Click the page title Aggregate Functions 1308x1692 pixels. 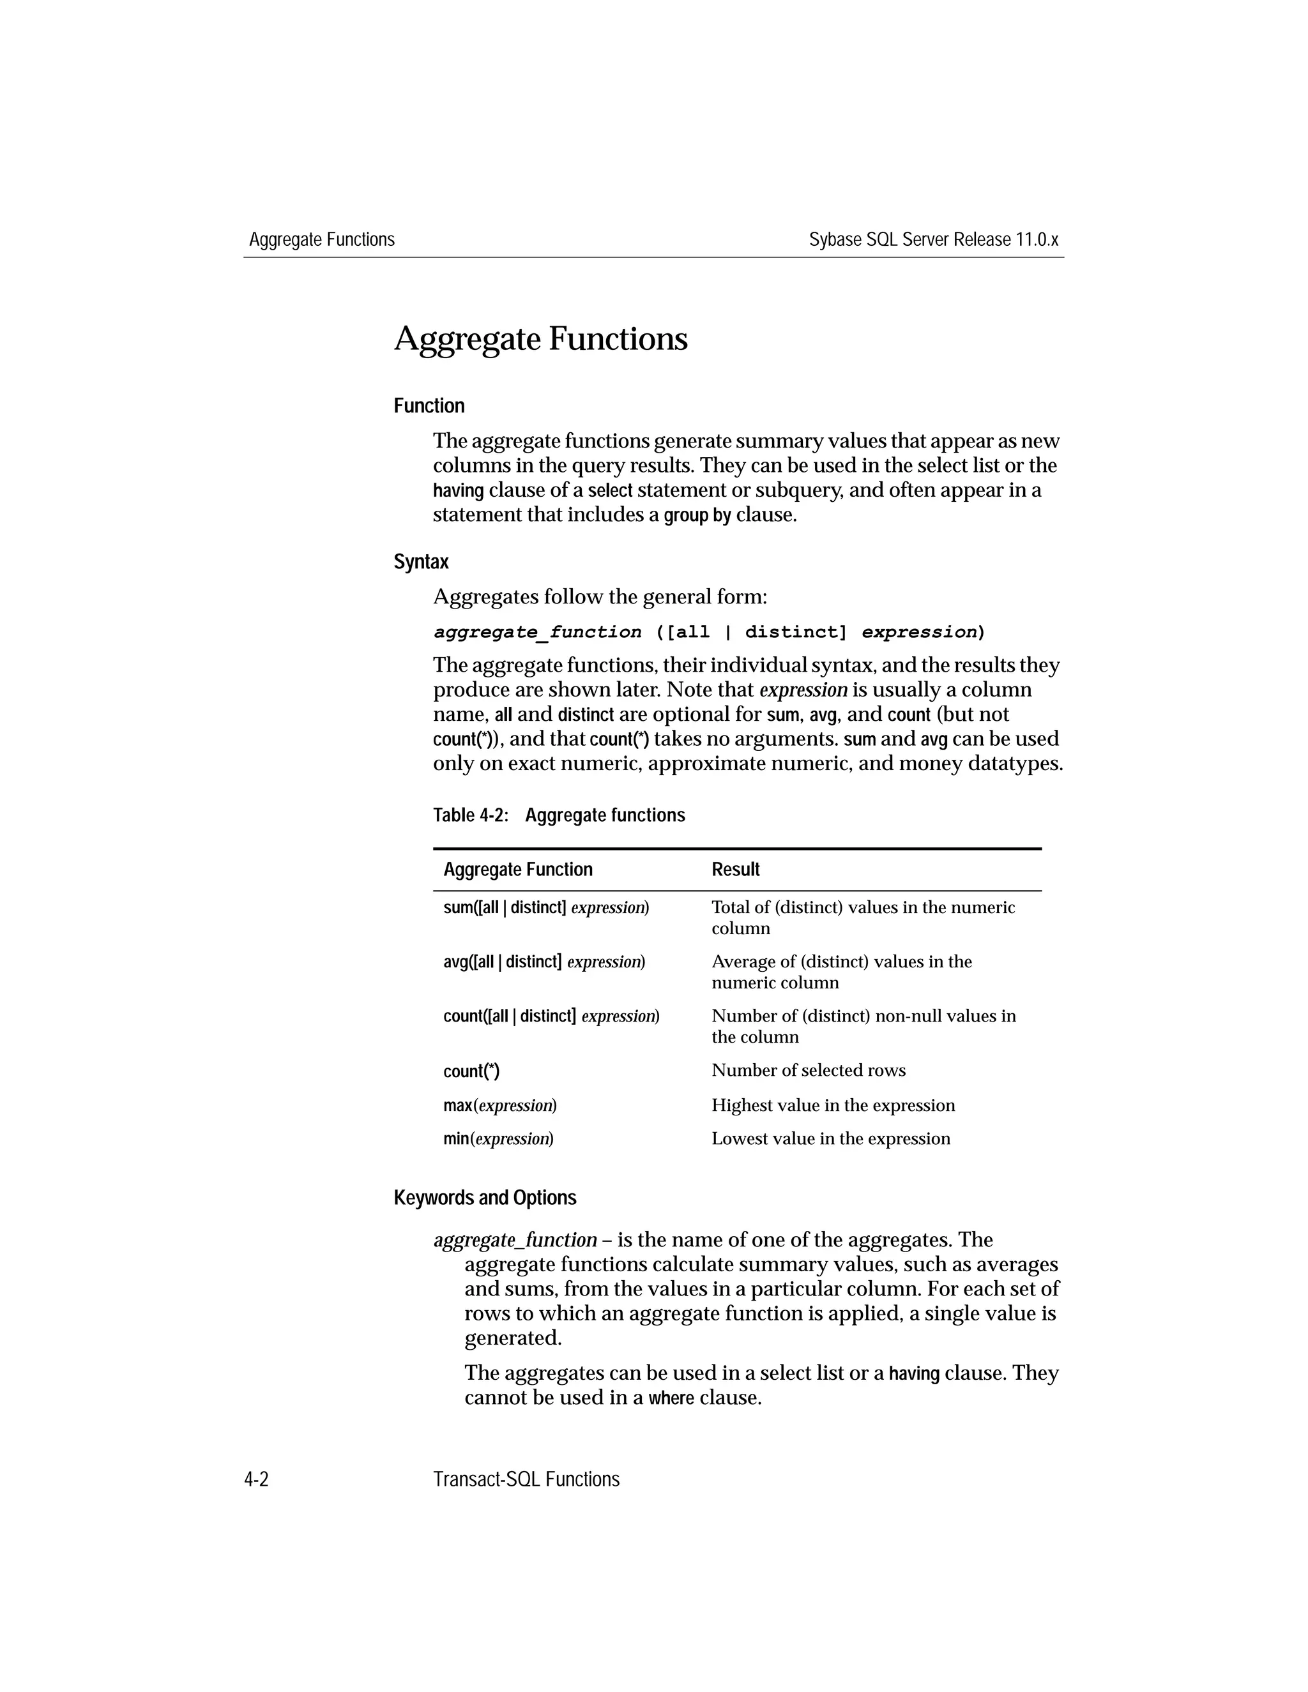tap(540, 339)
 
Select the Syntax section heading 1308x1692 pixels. tap(421, 562)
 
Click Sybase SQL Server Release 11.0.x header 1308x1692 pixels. tap(933, 240)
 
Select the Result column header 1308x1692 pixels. tap(735, 869)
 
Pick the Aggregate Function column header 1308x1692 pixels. tap(517, 869)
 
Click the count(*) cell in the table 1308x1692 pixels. tap(471, 1071)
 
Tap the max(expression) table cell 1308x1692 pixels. tap(500, 1105)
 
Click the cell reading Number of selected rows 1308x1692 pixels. tap(808, 1071)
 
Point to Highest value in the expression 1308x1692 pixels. tap(833, 1105)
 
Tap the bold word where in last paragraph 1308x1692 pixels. tap(671, 1398)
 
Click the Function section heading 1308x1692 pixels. tap(429, 406)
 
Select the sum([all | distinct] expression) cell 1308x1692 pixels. tap(545, 907)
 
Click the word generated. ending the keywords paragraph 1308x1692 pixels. tap(512, 1338)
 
